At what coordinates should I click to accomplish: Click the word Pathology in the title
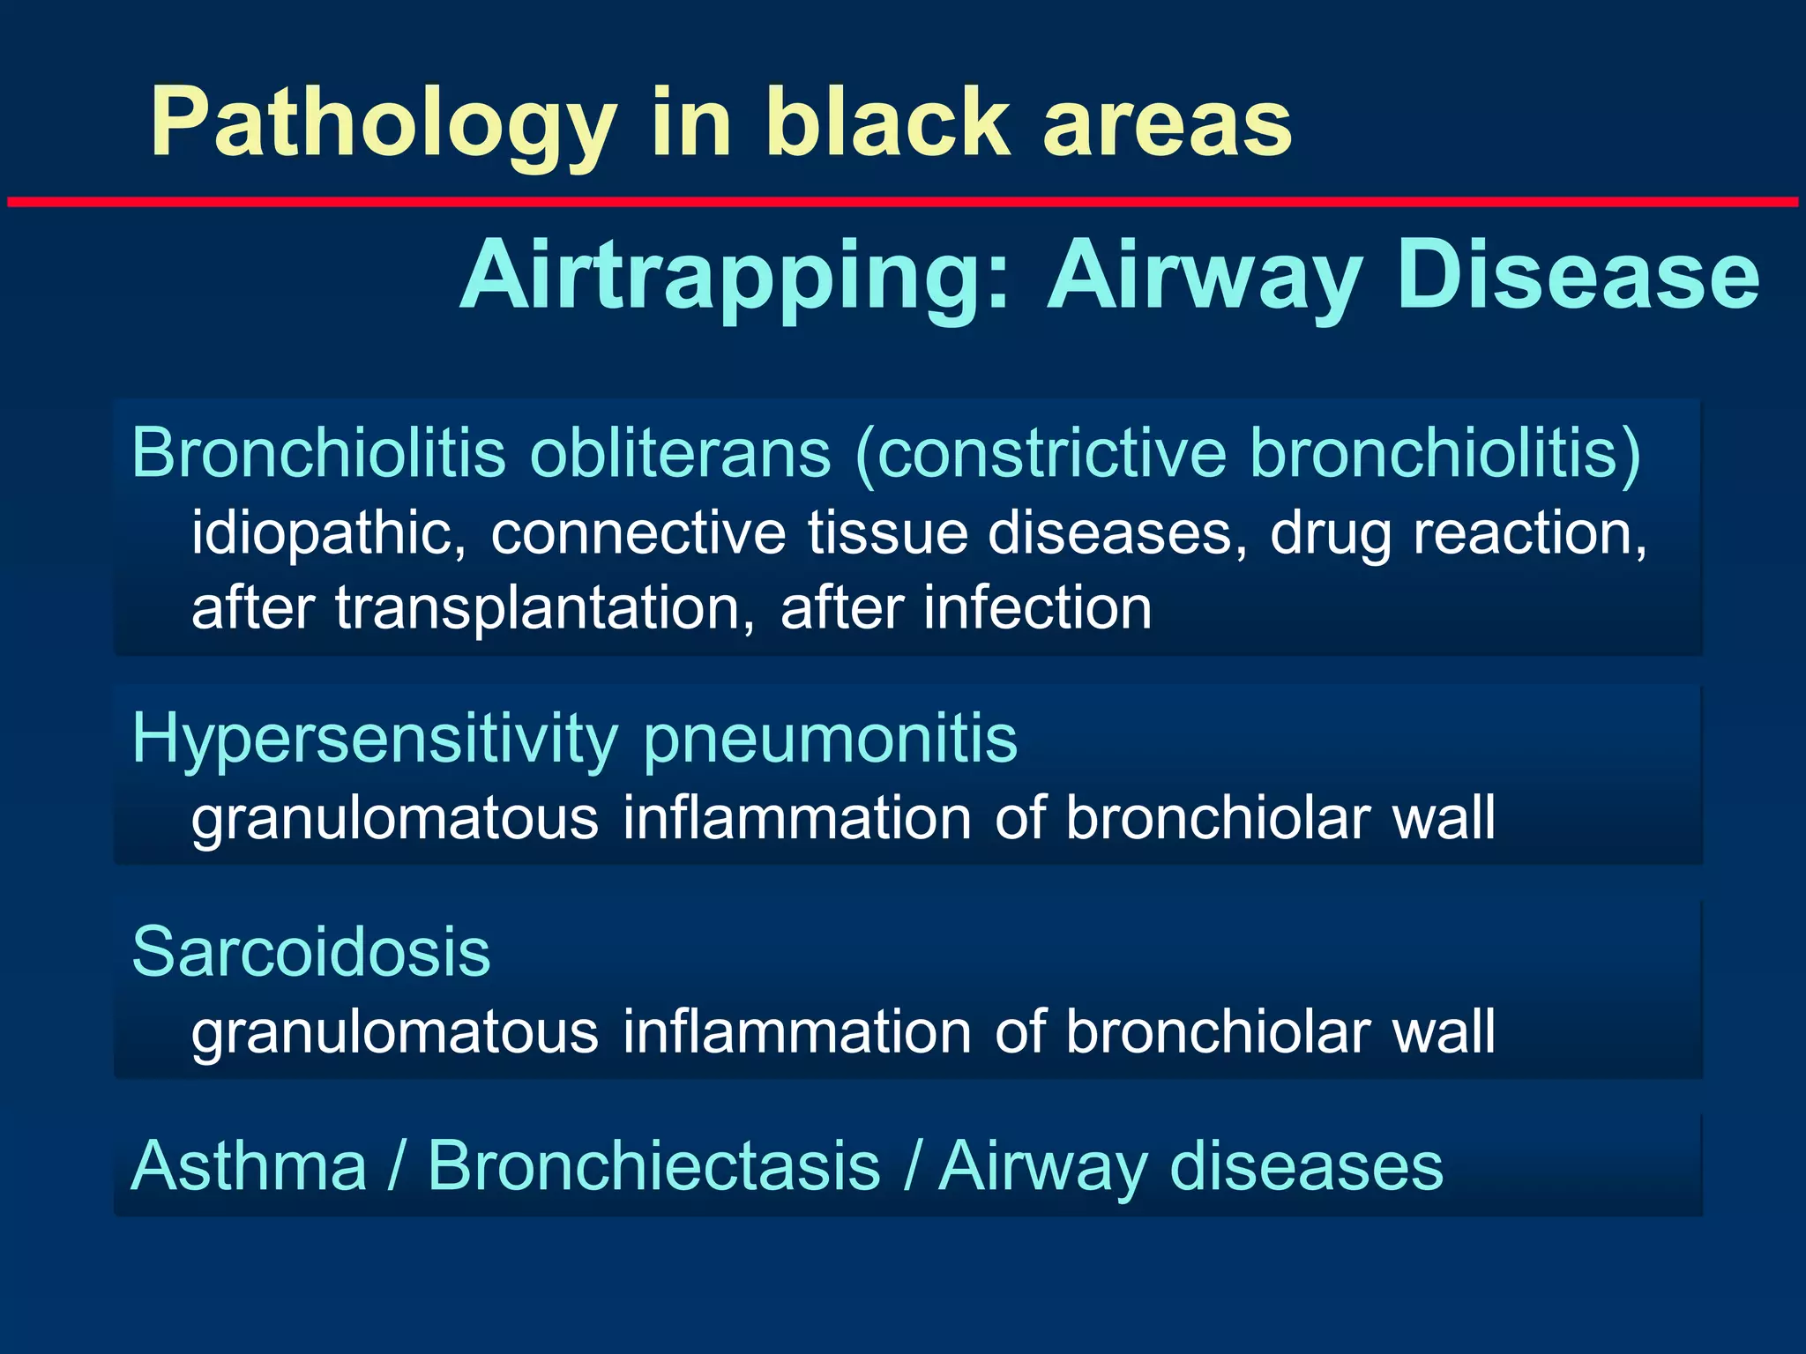[384, 123]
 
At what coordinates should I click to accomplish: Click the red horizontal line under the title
[903, 202]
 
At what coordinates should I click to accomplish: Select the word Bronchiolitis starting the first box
[317, 452]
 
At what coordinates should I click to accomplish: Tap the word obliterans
[679, 452]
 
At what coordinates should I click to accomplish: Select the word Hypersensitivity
[375, 739]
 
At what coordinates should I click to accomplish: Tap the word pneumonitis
[830, 739]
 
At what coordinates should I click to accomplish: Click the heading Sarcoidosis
[310, 952]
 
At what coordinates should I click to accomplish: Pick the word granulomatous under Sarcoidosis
[395, 1031]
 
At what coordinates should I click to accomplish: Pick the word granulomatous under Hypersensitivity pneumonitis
[395, 818]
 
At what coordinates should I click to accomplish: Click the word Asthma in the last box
[249, 1166]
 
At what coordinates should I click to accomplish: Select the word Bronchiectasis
[653, 1166]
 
